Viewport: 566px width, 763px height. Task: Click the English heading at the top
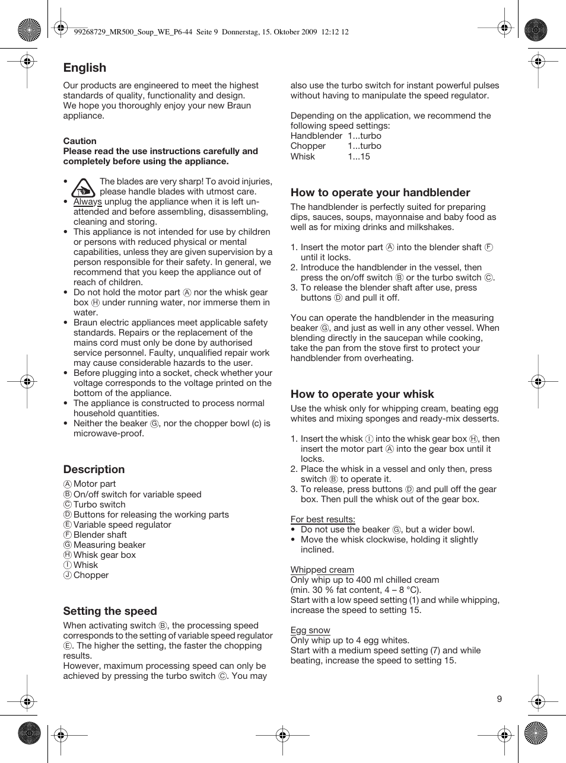point(85,68)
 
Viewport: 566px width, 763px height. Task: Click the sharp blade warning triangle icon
point(83,188)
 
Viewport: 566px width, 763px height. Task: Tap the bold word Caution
point(80,141)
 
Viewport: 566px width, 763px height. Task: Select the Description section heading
point(94,470)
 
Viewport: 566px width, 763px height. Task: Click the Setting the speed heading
point(110,611)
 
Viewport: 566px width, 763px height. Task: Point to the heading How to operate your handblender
point(380,193)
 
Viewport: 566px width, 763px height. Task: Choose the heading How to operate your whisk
point(362,394)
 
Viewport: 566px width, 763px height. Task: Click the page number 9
point(499,699)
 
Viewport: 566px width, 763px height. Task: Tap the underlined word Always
point(87,202)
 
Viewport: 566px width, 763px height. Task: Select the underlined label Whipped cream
point(322,570)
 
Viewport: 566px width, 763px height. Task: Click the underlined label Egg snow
point(310,630)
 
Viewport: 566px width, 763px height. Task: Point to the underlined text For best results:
point(323,519)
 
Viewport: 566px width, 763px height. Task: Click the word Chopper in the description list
point(91,575)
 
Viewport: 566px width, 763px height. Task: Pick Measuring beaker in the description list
point(109,545)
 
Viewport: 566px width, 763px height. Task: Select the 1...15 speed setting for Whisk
point(358,157)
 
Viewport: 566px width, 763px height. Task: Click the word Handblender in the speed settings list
point(316,136)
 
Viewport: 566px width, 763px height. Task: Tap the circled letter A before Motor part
point(68,484)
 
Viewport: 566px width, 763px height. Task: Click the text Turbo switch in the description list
point(99,505)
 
